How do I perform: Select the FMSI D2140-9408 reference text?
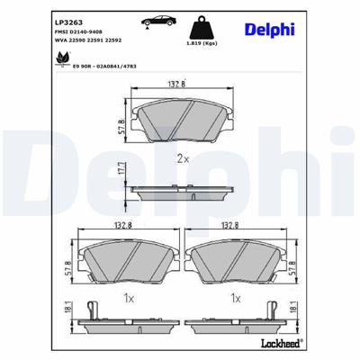[83, 31]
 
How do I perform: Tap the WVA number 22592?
[113, 40]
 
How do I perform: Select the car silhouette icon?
[155, 22]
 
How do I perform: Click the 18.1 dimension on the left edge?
[65, 310]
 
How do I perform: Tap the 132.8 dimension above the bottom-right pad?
[236, 228]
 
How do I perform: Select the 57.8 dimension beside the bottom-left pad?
[65, 267]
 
